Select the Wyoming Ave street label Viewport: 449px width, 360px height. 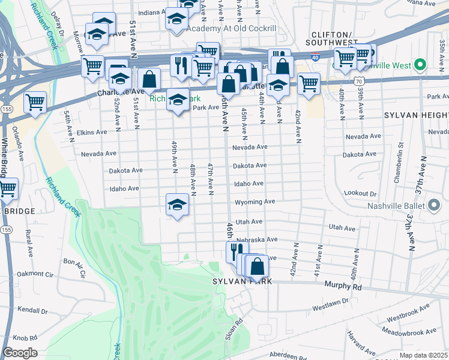(255, 202)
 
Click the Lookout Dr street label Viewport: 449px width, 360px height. (360, 194)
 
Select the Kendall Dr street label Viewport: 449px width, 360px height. (32, 311)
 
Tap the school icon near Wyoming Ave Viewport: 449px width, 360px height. (178, 204)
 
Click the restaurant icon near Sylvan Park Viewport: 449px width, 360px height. (237, 251)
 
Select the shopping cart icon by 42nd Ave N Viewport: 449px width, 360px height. (309, 83)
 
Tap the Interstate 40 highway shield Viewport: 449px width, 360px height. (316, 57)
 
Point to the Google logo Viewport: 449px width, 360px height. (20, 353)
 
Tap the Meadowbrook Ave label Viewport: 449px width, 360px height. (411, 332)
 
